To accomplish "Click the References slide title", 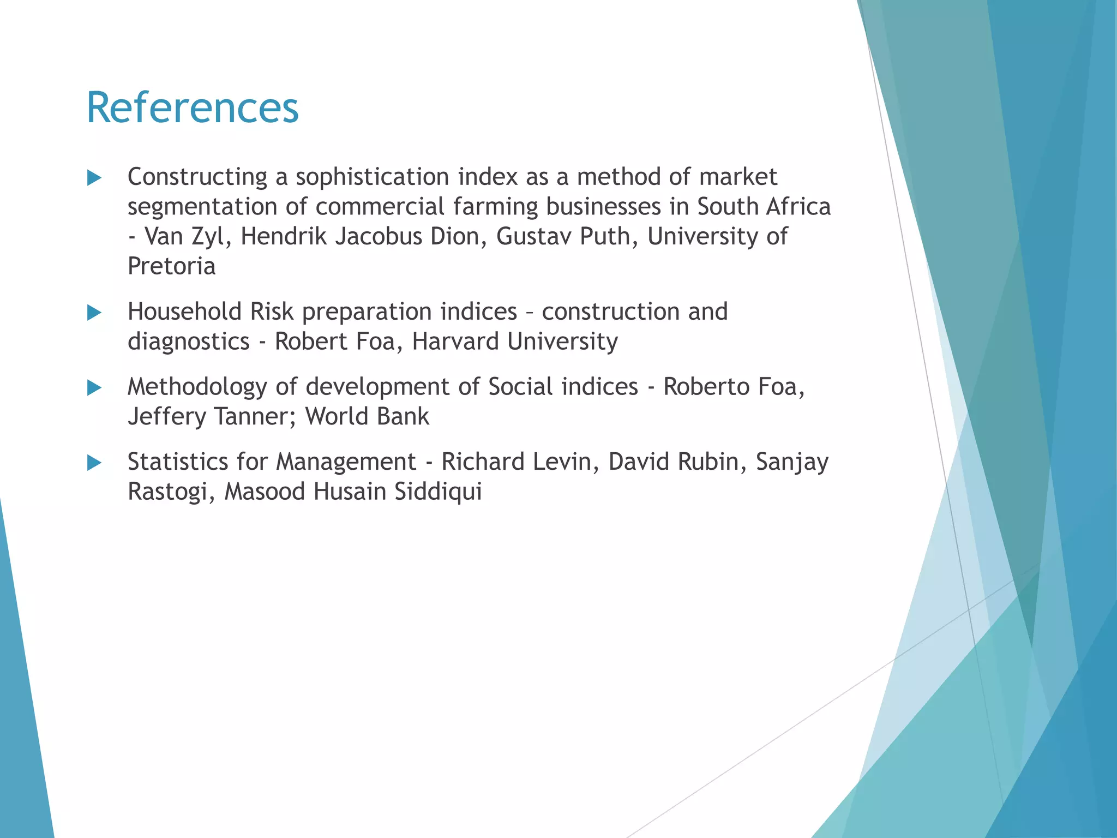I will tap(193, 108).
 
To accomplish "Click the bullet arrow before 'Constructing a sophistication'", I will tap(94, 178).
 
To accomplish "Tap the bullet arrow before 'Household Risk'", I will tap(94, 313).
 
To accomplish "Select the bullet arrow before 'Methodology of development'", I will tap(94, 388).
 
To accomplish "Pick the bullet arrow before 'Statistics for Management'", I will tap(94, 463).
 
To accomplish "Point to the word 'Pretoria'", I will tap(172, 266).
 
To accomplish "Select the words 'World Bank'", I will tap(367, 417).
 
